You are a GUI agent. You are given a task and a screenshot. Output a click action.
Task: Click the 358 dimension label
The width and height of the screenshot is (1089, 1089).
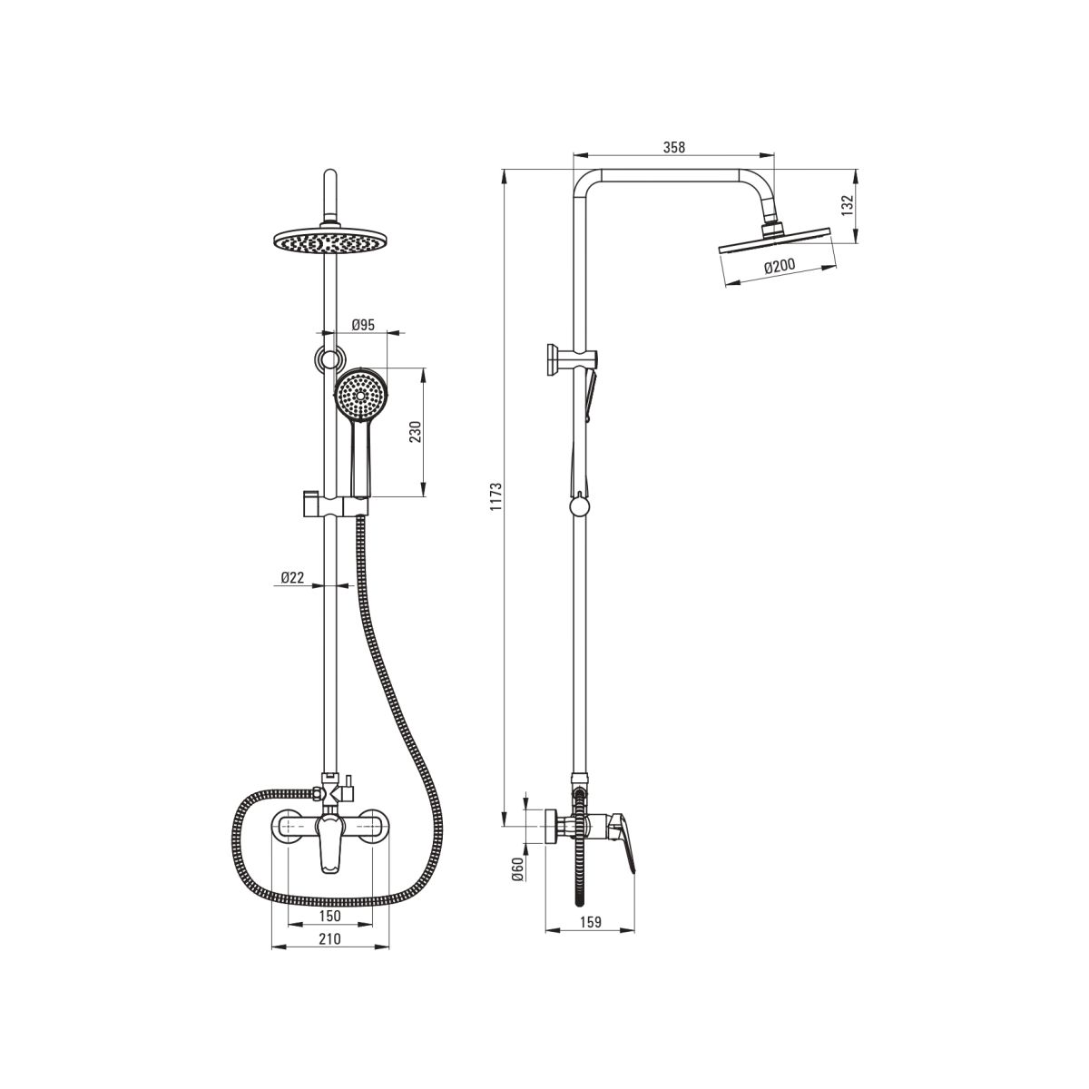tap(673, 148)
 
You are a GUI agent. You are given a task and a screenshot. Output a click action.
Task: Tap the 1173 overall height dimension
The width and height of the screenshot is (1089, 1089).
tap(495, 497)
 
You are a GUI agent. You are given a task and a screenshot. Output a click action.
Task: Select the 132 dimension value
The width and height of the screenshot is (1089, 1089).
tap(846, 206)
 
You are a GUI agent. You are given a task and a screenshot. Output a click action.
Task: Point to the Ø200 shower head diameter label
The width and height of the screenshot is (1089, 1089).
tap(780, 266)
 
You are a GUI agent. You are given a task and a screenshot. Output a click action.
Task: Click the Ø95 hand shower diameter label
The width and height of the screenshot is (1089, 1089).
tap(363, 325)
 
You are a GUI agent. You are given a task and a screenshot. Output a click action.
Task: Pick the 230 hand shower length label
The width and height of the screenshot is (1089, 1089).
tap(416, 432)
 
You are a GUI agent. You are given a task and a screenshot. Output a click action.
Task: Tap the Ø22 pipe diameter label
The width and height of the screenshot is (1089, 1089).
tap(293, 577)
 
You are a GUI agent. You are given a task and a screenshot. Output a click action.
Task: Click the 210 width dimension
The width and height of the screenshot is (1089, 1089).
tap(330, 938)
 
